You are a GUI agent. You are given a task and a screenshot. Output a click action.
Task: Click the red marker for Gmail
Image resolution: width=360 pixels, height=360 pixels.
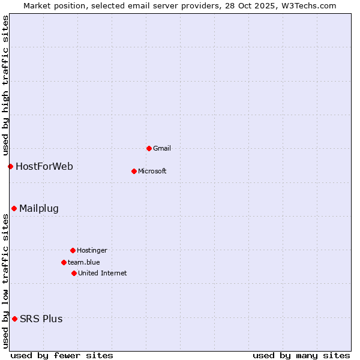149,148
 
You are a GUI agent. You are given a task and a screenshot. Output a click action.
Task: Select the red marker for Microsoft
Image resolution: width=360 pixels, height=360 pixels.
134,171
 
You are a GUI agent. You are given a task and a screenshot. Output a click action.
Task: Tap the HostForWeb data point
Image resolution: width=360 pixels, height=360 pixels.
10,166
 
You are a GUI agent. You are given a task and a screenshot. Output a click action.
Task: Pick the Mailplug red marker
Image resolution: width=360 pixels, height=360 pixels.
14,208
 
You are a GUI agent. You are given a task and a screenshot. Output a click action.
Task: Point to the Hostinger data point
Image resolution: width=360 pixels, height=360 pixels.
73,250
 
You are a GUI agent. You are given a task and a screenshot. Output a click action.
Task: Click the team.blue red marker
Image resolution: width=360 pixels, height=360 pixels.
64,262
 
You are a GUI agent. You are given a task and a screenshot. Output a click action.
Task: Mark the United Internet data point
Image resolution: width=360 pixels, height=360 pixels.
74,273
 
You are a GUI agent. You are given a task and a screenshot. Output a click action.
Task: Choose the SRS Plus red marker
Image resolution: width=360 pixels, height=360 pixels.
14,319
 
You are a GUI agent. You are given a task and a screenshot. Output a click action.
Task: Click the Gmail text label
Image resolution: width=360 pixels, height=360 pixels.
162,148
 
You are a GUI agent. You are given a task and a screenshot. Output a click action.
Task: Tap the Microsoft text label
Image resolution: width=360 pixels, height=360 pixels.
152,171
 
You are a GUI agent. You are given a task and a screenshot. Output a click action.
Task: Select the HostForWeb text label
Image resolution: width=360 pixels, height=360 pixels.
44,166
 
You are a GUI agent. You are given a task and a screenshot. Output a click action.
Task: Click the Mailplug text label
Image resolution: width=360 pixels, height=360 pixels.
39,208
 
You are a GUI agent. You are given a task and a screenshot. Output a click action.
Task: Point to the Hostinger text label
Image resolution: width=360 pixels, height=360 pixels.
92,250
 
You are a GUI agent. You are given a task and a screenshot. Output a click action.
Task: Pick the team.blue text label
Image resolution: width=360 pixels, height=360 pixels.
84,262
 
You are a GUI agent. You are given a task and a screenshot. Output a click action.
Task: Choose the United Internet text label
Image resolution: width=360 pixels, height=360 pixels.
103,273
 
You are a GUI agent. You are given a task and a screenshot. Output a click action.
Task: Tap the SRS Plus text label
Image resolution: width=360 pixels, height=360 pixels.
41,319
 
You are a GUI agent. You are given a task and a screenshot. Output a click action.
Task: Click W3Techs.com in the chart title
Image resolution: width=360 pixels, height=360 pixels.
307,5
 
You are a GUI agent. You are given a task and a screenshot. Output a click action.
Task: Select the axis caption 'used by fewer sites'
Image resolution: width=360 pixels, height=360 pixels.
62,355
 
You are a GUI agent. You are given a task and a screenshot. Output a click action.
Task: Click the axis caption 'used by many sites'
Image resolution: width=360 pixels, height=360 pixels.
301,355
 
